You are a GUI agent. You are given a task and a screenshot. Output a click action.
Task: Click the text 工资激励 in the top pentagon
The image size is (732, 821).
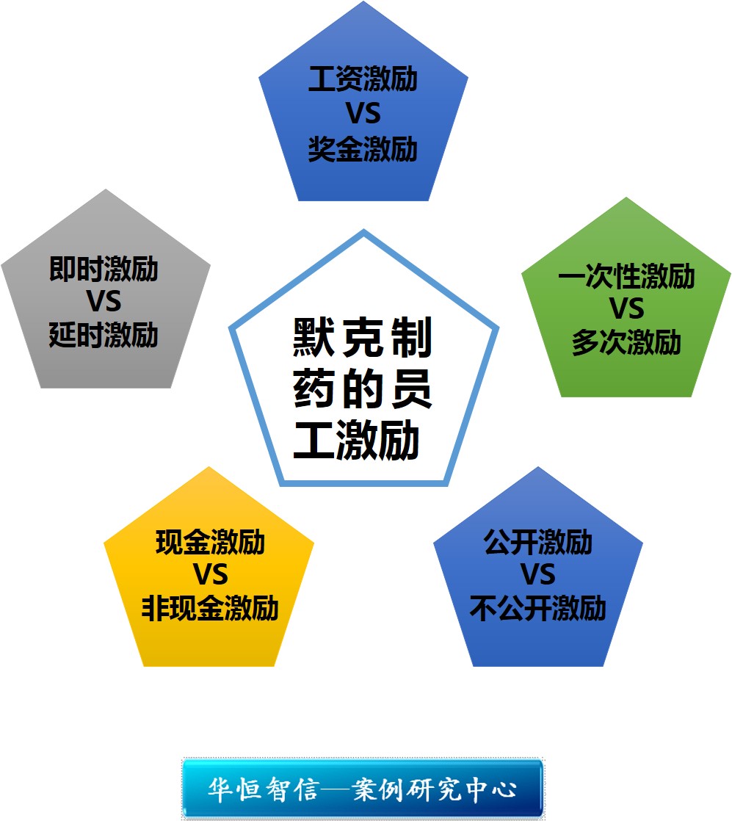363,79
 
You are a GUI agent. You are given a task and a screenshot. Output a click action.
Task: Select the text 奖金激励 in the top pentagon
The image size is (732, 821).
363,149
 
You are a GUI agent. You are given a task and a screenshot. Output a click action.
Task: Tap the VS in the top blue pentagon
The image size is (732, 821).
363,115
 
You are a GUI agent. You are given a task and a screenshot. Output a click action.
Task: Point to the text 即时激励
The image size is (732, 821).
104,270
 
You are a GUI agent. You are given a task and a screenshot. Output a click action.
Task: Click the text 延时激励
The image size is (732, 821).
104,336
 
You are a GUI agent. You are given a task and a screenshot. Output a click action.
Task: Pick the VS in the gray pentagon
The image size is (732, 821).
104,303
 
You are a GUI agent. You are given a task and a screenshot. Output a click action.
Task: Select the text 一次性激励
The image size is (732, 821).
626,277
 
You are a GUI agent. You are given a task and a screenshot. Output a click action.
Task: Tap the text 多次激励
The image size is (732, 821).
626,343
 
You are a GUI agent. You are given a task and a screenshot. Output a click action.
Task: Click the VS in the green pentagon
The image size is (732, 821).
626,310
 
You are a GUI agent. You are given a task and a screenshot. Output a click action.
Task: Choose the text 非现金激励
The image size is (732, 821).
210,609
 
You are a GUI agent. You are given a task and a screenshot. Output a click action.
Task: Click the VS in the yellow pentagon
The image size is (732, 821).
210,576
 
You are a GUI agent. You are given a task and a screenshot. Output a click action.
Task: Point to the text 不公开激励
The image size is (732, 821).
537,609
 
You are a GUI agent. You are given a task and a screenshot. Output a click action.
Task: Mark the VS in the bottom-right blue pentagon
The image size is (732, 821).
537,576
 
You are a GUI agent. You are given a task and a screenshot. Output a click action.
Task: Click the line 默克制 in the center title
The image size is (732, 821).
363,337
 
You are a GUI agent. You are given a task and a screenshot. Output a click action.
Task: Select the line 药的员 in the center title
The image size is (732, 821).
363,389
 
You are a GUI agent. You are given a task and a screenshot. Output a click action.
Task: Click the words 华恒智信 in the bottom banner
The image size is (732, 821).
262,789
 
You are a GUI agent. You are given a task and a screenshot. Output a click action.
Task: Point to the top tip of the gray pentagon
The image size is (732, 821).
106,189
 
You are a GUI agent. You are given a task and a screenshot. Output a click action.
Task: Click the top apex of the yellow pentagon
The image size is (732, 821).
209,467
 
